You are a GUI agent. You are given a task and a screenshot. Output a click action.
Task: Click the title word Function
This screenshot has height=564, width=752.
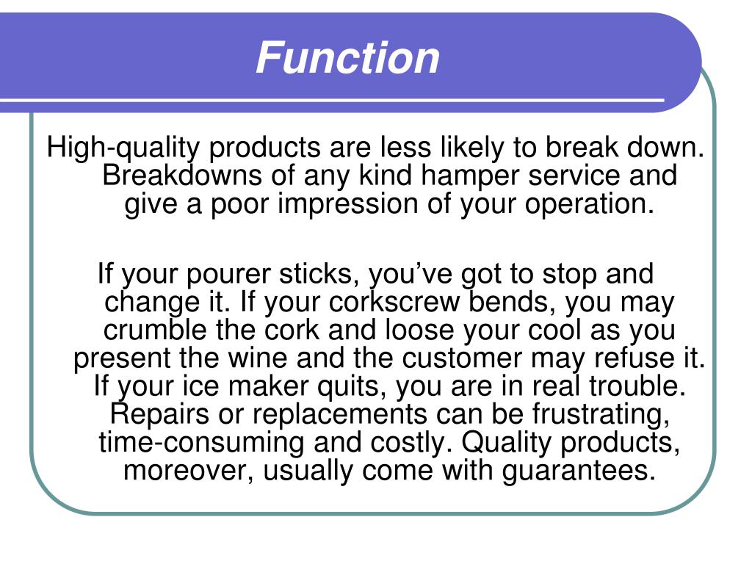pyautogui.click(x=347, y=58)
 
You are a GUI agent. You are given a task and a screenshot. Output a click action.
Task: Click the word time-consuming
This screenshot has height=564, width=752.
pyautogui.click(x=200, y=443)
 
